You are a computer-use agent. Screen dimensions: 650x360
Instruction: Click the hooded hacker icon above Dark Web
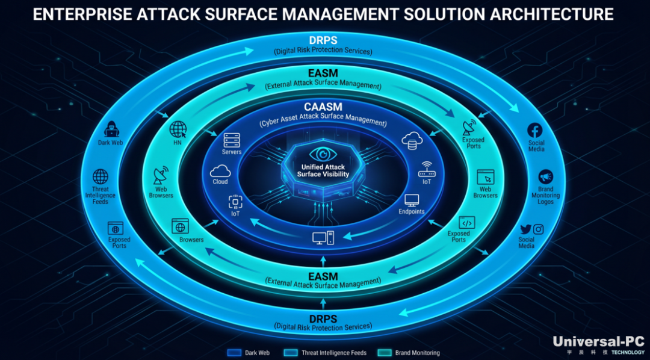(111, 129)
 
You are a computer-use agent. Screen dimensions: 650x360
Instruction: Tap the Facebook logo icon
(535, 130)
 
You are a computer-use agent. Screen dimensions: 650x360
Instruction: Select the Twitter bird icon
(525, 229)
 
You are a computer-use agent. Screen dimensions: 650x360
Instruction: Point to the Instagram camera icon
(538, 229)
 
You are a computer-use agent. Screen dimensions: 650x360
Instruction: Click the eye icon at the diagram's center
(323, 155)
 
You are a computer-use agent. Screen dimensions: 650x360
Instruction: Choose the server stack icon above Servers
(232, 141)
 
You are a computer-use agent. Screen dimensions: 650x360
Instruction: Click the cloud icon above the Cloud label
(220, 171)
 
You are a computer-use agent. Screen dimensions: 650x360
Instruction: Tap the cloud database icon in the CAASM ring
(412, 140)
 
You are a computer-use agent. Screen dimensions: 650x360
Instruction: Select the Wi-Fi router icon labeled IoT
(427, 170)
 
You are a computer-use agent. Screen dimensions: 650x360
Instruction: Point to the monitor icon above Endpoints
(412, 200)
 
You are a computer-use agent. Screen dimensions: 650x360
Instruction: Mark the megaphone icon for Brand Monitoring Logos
(545, 178)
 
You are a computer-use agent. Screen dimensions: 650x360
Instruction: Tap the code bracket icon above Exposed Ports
(467, 223)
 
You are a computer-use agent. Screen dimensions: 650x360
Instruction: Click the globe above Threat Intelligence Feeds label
(101, 176)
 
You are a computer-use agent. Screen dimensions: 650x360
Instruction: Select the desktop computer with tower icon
(323, 238)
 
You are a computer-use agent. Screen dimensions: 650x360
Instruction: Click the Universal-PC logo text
(599, 341)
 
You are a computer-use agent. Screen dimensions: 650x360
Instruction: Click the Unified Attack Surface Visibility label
(323, 170)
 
